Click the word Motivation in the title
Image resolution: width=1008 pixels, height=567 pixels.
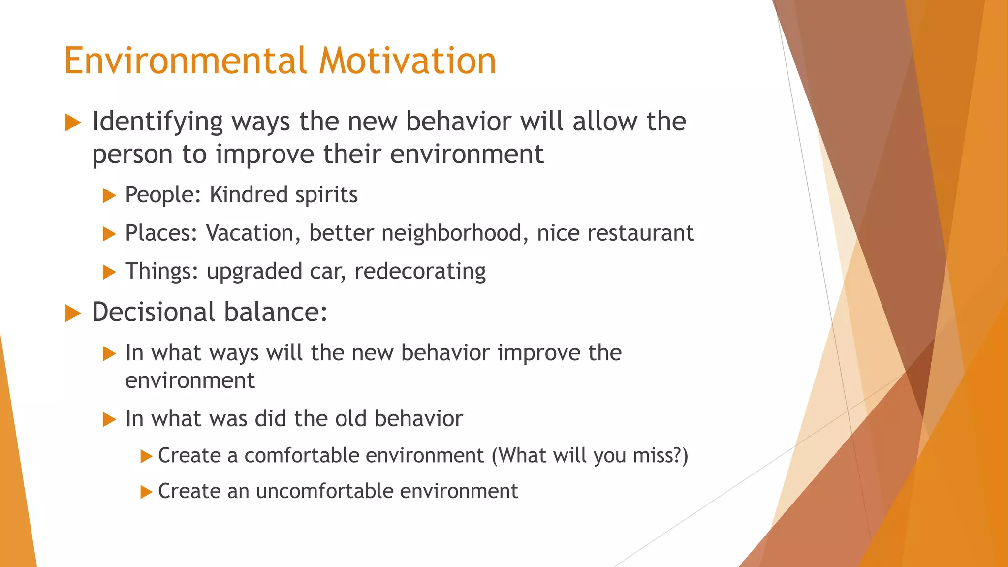[x=408, y=61]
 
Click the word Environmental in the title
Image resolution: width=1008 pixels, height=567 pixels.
[x=186, y=61]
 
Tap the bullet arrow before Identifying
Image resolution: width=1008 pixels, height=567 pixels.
[x=73, y=123]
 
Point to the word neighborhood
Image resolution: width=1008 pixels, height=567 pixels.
[x=451, y=233]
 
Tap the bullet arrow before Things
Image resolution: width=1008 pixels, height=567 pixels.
[x=109, y=272]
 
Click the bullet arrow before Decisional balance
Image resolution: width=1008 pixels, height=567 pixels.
[x=73, y=313]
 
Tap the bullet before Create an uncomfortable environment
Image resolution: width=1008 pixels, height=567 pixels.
[x=146, y=492]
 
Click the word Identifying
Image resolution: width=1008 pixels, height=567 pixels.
[x=157, y=122]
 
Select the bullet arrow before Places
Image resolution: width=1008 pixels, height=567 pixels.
[x=109, y=233]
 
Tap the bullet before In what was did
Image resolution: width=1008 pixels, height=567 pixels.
[x=109, y=419]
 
